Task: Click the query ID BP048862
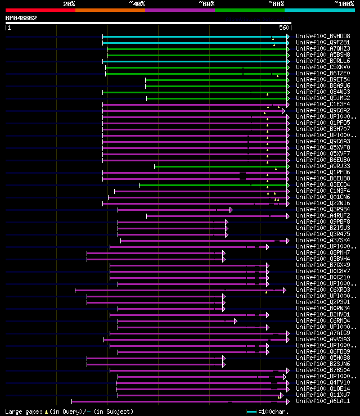tap(21, 18)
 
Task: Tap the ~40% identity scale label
tap(137, 3)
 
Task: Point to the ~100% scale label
tap(344, 3)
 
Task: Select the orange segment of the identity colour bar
tap(110, 10)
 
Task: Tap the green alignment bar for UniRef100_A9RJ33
tap(219, 166)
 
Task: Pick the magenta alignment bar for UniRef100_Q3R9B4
tap(169, 209)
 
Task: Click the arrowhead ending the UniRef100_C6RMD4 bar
tap(235, 320)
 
